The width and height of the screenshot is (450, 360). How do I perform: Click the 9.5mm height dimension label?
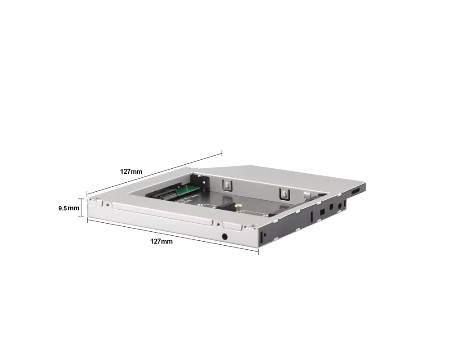69,208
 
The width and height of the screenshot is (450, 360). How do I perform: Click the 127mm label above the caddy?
131,171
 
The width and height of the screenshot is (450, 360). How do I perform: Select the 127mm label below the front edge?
161,241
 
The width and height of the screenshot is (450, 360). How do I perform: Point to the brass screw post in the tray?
238,207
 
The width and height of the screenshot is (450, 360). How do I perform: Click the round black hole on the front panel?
225,237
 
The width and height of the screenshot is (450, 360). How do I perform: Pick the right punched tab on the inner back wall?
284,193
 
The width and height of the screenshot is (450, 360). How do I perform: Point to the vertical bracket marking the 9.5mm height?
82,207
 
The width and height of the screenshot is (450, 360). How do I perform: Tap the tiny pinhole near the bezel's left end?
107,205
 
